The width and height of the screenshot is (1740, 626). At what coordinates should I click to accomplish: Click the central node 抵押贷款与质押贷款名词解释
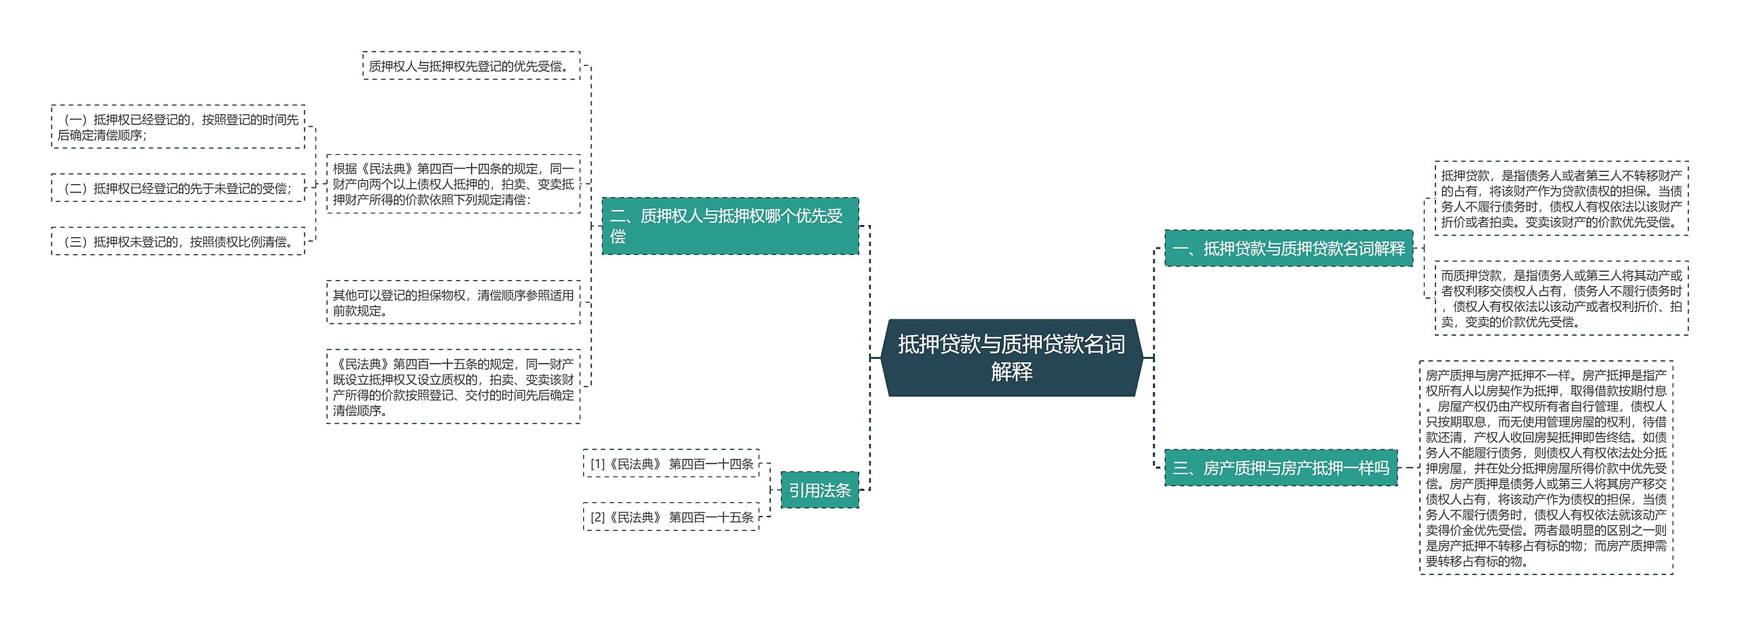(1011, 358)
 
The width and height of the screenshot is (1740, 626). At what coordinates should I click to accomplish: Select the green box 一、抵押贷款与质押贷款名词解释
(1288, 249)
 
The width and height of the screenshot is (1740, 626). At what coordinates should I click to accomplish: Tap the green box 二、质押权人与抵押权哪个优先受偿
(730, 226)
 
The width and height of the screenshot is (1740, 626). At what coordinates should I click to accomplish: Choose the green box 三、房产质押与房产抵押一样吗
(1281, 468)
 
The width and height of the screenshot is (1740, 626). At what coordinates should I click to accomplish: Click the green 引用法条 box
(819, 490)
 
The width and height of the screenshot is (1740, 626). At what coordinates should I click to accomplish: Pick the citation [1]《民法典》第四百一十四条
(671, 464)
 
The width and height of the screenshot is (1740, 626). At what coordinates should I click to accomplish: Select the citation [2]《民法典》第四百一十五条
(671, 517)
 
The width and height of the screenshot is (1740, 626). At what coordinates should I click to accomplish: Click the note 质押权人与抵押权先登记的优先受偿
(471, 66)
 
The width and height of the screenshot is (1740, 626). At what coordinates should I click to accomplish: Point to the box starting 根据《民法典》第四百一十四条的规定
(453, 184)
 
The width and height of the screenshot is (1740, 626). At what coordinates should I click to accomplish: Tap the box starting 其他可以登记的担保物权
(453, 302)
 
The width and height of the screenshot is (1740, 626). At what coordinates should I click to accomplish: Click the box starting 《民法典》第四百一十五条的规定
(453, 387)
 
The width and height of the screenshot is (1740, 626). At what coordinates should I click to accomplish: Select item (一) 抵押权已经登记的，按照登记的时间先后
(178, 127)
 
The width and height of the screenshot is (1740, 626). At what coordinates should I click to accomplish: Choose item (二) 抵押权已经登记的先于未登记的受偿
(178, 188)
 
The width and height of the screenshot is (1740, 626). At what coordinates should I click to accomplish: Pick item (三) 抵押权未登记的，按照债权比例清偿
(178, 242)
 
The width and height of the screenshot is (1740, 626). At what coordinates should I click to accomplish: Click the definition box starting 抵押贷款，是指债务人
(1561, 198)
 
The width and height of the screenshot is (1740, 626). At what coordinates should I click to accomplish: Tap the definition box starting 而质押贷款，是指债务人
(1561, 298)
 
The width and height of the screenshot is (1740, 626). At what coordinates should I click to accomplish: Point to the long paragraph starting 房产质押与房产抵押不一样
(1546, 468)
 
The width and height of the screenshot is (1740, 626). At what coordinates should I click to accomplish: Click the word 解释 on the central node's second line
(1011, 372)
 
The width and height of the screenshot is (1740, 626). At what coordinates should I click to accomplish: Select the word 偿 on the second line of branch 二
(617, 237)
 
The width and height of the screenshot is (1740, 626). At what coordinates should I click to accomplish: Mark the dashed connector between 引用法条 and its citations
(771, 490)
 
